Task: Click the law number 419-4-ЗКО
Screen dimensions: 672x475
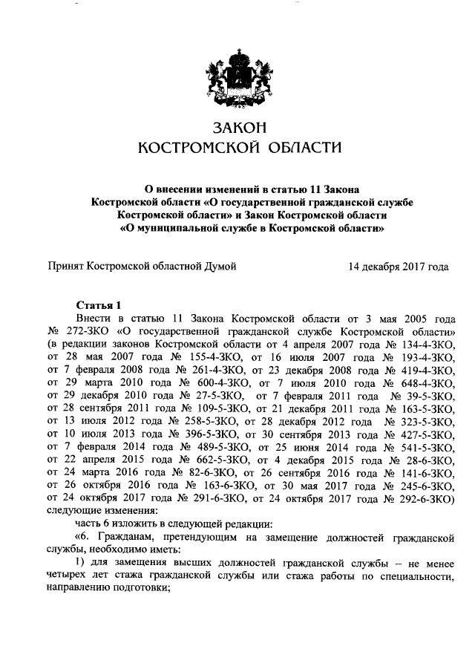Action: (422, 371)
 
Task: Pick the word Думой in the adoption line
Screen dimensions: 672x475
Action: (220, 265)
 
